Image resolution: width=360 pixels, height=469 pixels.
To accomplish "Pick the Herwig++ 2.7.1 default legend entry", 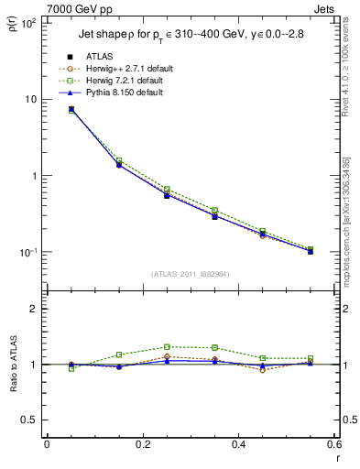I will pyautogui.click(x=124, y=69).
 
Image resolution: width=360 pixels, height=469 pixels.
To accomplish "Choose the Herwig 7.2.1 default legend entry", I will pyautogui.click(x=122, y=81).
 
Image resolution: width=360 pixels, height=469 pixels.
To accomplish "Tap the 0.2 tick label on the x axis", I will pyautogui.click(x=142, y=444).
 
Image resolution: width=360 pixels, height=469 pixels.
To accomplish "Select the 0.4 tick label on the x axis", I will pyautogui.click(x=237, y=444).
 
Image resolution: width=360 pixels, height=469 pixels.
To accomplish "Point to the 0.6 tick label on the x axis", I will pyautogui.click(x=332, y=444).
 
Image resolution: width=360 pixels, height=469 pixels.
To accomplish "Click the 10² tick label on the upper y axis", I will pyautogui.click(x=29, y=23).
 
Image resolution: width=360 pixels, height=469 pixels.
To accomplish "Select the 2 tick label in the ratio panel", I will pyautogui.click(x=33, y=309).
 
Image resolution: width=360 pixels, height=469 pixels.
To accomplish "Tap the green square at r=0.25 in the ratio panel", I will pyautogui.click(x=167, y=347).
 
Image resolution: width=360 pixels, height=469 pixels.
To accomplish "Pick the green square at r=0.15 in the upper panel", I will pyautogui.click(x=119, y=160).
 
